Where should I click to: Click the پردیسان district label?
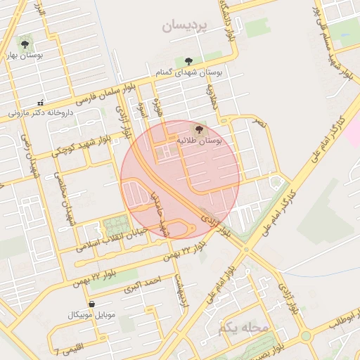click(x=186, y=27)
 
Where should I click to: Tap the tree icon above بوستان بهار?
click(x=27, y=43)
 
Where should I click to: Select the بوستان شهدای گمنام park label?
click(x=188, y=72)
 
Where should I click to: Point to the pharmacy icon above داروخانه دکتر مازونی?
click(x=40, y=102)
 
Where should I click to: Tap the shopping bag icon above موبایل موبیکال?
click(x=91, y=304)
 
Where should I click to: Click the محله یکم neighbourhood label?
click(x=244, y=328)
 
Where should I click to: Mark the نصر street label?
click(x=261, y=122)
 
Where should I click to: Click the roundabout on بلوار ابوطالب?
click(x=306, y=336)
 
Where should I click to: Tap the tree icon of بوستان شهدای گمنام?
click(x=188, y=61)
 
